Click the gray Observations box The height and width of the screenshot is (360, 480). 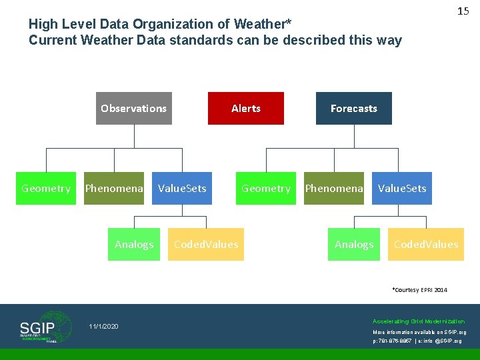point(134,108)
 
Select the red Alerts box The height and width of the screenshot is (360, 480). point(246,108)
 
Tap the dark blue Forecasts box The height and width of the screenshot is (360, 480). point(353,108)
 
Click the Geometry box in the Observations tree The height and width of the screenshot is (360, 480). point(46,189)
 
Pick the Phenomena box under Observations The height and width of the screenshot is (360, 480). point(114,189)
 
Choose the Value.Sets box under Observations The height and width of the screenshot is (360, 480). point(182,189)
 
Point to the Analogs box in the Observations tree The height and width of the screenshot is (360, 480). point(134,245)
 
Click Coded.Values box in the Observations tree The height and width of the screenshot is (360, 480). point(206,245)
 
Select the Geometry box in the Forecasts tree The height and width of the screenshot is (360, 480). point(266,189)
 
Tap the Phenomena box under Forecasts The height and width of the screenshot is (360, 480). point(334,189)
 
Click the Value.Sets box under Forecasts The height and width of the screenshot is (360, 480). point(402,189)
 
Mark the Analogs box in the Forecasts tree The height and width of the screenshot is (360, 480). point(354,245)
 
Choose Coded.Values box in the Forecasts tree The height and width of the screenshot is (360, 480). point(426,245)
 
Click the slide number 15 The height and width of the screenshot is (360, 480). point(463,11)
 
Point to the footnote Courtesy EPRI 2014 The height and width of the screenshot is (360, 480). point(420,290)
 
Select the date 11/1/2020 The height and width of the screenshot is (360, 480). point(103,326)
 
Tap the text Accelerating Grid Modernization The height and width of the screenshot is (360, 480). point(419,321)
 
